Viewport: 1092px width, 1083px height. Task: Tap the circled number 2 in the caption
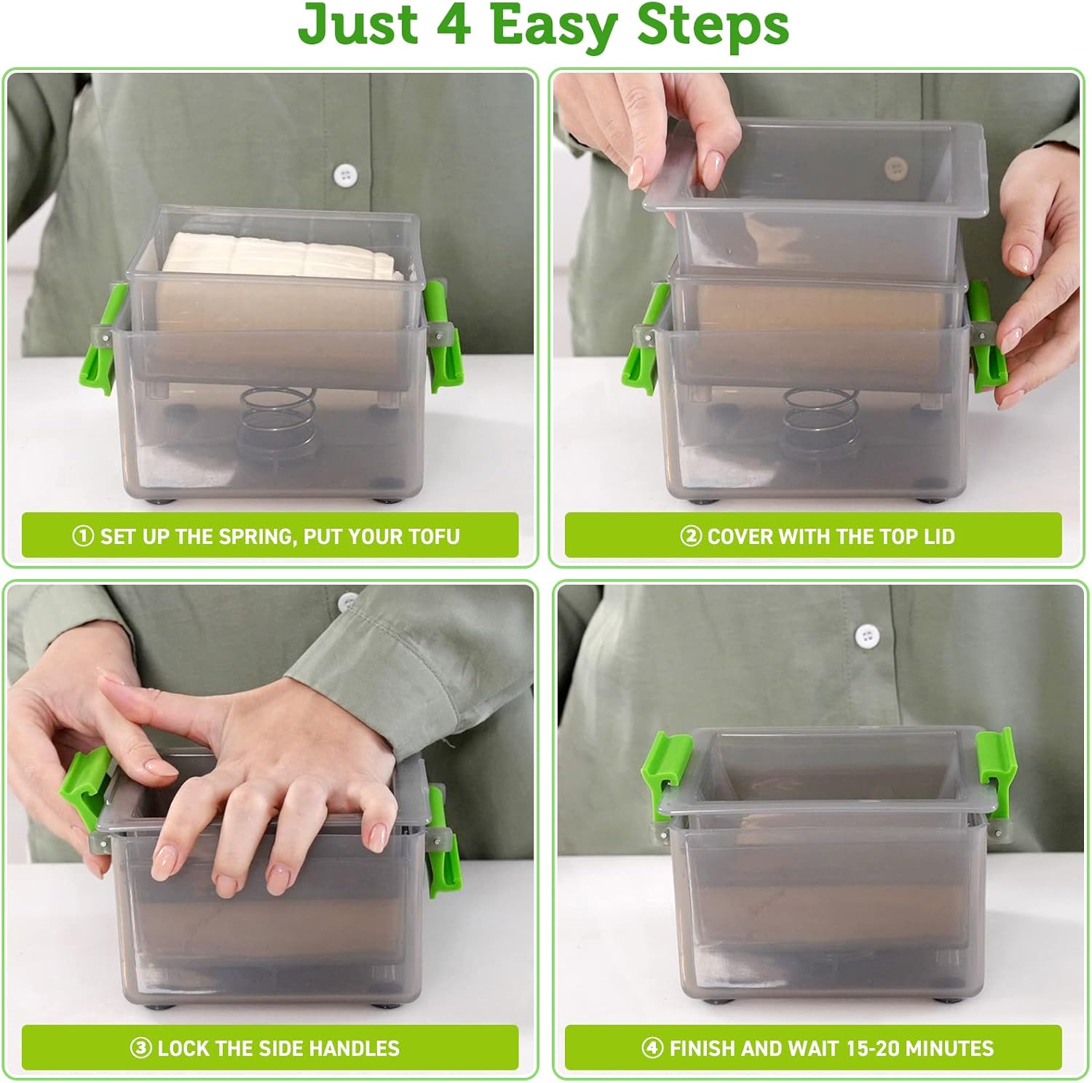[690, 537]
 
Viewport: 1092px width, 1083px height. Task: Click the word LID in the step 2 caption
[938, 537]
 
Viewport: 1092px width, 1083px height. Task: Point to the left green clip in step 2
[644, 339]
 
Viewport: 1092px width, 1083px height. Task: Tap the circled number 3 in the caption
[141, 1049]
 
